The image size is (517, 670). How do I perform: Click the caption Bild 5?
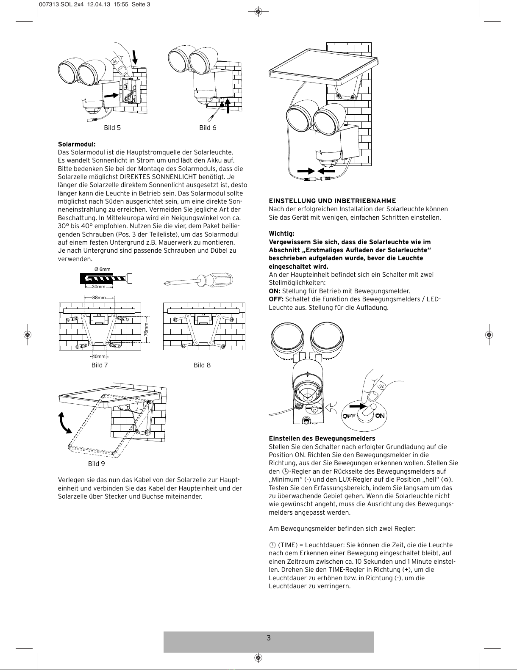pyautogui.click(x=112, y=128)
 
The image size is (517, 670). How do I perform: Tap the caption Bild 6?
pyautogui.click(x=208, y=128)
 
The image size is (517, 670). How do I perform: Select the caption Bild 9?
pyautogui.click(x=97, y=464)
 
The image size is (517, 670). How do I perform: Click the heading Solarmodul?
pyautogui.click(x=77, y=144)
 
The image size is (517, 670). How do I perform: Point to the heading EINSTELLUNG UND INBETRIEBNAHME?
pyautogui.click(x=332, y=201)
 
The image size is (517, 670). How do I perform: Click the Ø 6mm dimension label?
pyautogui.click(x=103, y=269)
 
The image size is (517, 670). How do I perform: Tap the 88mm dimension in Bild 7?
pyautogui.click(x=99, y=298)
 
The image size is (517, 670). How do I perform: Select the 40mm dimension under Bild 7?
pyautogui.click(x=99, y=356)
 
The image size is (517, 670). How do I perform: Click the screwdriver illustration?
pyautogui.click(x=198, y=280)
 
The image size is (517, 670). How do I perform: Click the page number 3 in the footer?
pyautogui.click(x=269, y=638)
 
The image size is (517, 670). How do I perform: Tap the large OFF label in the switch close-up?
pyautogui.click(x=348, y=416)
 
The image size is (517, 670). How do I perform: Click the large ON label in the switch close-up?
pyautogui.click(x=380, y=416)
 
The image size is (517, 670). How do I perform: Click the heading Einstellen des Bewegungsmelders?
pyautogui.click(x=322, y=438)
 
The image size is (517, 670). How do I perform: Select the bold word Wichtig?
pyautogui.click(x=281, y=234)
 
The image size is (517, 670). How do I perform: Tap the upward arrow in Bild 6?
pyautogui.click(x=228, y=105)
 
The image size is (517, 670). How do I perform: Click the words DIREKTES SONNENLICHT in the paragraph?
pyautogui.click(x=158, y=177)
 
